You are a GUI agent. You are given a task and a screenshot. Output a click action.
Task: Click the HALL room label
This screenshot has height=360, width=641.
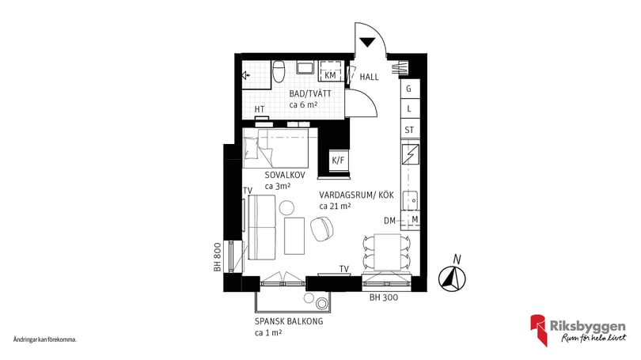coord(369,77)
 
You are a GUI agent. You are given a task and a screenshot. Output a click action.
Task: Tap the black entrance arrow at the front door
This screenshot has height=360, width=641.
coord(367,42)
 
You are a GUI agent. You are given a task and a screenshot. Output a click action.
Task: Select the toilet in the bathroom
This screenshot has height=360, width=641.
coord(279,71)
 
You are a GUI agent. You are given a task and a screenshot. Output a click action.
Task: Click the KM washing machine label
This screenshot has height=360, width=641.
coord(330,75)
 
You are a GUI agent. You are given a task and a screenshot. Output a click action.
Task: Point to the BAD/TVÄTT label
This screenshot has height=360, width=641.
coord(310,93)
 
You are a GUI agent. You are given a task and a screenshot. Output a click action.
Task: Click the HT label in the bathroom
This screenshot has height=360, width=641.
coord(260,109)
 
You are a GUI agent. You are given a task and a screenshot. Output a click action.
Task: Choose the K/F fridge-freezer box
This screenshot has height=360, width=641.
coord(338,160)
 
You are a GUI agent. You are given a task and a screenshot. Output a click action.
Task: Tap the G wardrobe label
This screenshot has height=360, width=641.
coord(408,89)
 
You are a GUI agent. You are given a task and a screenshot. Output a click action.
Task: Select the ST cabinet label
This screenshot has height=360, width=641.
coord(409,130)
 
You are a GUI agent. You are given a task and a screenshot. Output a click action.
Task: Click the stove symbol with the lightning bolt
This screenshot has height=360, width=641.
coord(410,154)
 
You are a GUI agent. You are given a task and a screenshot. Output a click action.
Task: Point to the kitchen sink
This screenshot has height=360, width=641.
coord(410,200)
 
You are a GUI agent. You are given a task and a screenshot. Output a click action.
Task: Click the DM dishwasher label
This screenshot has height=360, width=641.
coord(389,221)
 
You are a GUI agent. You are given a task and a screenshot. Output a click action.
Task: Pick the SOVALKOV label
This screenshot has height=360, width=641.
coord(285,176)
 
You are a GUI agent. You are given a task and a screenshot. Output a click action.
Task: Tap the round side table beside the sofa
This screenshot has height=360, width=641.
coord(286,207)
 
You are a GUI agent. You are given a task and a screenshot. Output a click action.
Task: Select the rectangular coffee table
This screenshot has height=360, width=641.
coord(294,235)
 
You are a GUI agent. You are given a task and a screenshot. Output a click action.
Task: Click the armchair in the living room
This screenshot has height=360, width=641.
coord(323,229)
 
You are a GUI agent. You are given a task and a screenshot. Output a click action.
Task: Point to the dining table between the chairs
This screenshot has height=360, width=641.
coord(388,252)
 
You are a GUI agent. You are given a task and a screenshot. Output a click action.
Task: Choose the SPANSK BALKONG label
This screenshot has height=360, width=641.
coord(289,321)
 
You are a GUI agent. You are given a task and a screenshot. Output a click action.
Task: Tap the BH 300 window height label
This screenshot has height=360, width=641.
coord(384,297)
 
